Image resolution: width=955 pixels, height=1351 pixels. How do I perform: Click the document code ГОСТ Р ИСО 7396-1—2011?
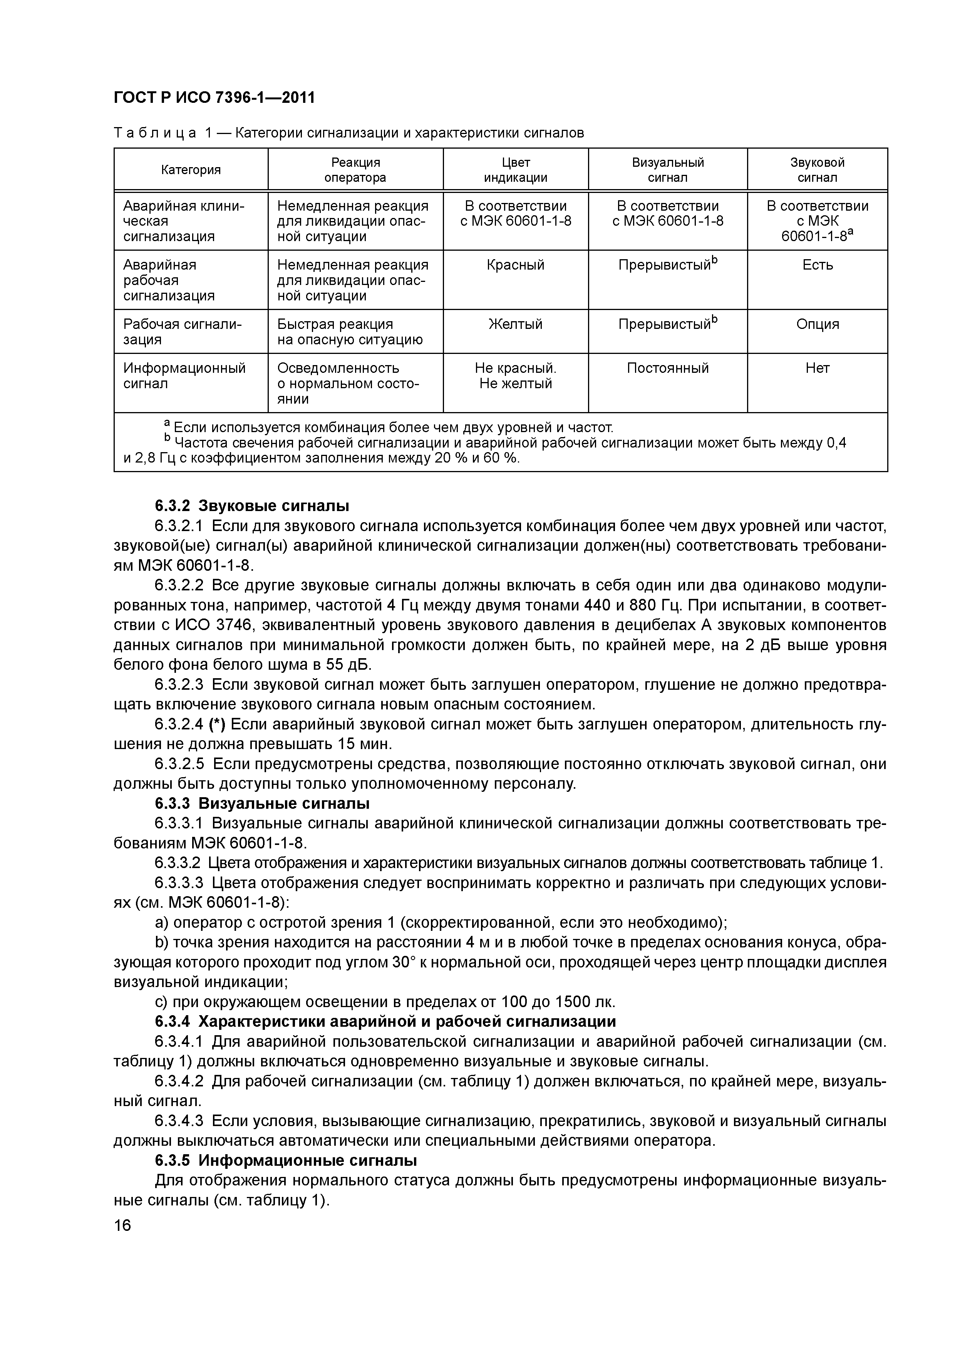coord(214,97)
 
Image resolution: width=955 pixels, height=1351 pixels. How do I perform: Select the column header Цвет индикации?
coord(516,170)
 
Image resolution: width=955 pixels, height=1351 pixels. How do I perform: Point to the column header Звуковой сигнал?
coord(817,170)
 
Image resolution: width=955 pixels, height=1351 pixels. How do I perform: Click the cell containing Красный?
coord(516,265)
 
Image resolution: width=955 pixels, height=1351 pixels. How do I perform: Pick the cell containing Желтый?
coord(516,324)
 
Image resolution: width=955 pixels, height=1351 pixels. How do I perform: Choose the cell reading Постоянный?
coord(667,368)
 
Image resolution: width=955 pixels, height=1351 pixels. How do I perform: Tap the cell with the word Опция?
coord(817,324)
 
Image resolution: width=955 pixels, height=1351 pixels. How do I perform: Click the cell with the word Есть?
coord(817,265)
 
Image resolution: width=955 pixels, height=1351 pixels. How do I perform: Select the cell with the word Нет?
coord(817,368)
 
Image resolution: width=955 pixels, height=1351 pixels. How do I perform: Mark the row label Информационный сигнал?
coord(184,376)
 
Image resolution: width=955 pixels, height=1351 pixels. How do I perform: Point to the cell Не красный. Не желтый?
coord(516,376)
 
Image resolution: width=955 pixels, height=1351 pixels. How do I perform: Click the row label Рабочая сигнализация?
coord(183,332)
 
